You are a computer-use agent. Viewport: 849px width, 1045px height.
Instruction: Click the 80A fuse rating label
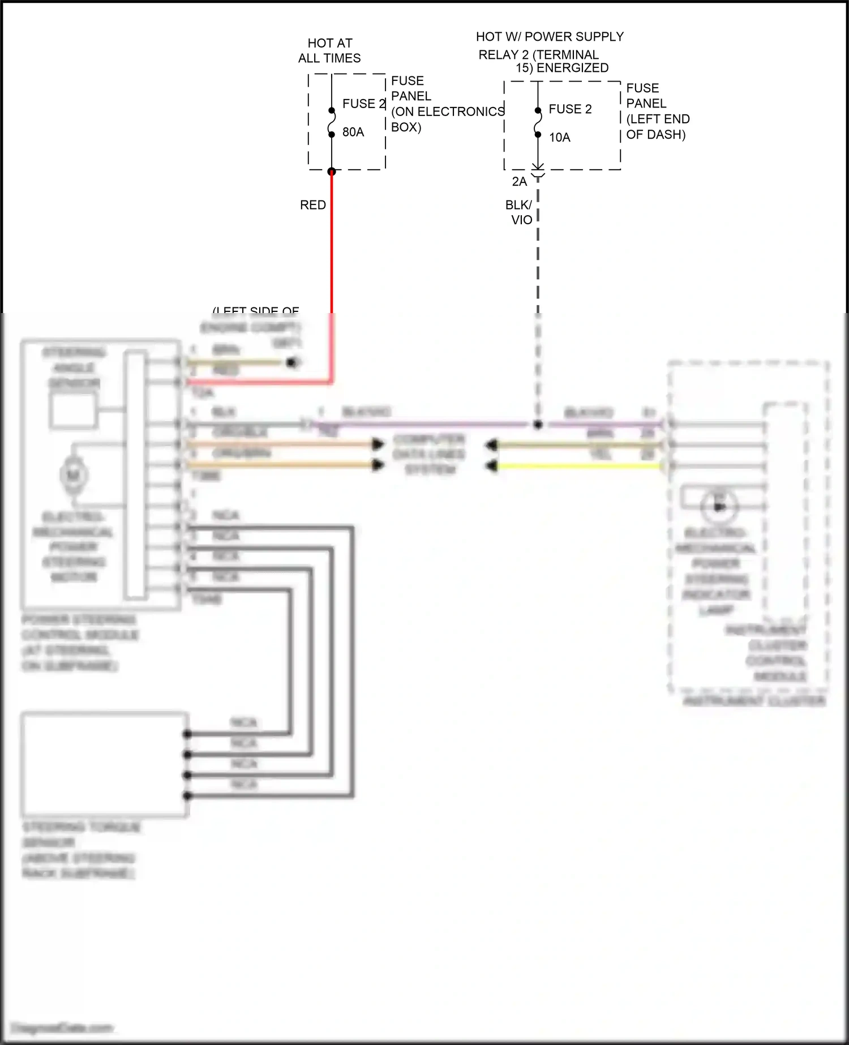pos(353,132)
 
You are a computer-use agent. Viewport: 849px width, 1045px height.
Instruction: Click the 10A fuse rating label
pos(559,137)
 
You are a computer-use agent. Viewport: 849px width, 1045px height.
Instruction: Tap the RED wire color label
pos(312,205)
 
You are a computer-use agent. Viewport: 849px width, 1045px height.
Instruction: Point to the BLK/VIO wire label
pos(519,212)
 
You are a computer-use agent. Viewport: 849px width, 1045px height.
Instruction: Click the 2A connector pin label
pos(519,181)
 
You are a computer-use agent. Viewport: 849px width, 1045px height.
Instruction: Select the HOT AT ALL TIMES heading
pos(329,50)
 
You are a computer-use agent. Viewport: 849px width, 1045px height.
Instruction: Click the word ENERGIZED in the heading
pos(573,68)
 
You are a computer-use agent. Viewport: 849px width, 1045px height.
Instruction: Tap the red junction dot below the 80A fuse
pos(332,172)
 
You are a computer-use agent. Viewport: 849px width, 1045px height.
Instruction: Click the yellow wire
pos(577,466)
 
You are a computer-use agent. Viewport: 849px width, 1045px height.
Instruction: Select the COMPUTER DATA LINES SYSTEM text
pos(429,455)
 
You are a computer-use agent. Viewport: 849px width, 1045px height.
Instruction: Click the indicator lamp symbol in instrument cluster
pos(719,506)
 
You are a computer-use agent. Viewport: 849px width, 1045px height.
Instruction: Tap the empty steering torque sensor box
pos(105,764)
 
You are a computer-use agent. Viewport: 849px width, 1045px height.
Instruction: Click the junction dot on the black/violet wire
pos(538,425)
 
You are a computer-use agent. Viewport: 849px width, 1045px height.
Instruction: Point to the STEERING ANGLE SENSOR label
pos(74,368)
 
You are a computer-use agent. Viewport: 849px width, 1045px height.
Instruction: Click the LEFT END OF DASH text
pos(658,127)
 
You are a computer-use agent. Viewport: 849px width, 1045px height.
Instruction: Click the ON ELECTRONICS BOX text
pos(447,119)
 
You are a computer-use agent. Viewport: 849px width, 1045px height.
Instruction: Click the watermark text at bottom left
pos(62,1028)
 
